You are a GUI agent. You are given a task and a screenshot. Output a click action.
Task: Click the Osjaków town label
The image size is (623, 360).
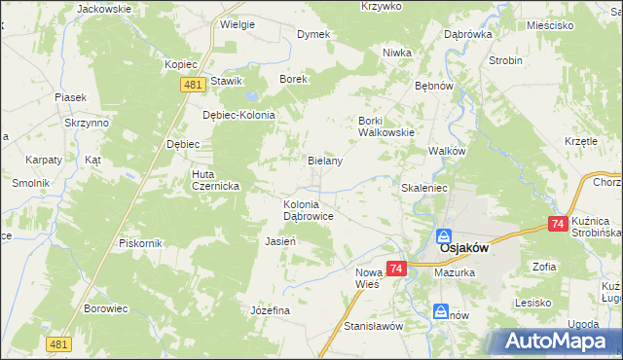456,248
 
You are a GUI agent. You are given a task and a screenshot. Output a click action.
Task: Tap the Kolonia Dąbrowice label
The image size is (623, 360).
310,211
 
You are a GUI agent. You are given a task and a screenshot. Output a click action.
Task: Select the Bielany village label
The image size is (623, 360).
325,161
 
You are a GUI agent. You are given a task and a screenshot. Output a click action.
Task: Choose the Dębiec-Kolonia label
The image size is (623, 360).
239,114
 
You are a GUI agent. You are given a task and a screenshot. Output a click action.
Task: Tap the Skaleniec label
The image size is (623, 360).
423,187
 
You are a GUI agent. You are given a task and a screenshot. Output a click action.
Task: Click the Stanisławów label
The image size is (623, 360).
374,326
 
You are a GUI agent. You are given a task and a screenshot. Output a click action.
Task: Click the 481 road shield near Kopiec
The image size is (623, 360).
191,86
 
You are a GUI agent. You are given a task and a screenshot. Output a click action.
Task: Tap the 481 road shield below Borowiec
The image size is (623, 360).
58,343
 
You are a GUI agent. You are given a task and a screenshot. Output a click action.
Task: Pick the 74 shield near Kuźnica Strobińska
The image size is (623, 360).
558,224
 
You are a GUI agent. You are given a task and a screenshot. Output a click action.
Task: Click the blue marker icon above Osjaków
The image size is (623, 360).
443,236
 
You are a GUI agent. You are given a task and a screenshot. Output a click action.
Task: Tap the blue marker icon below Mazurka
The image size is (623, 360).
440,311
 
